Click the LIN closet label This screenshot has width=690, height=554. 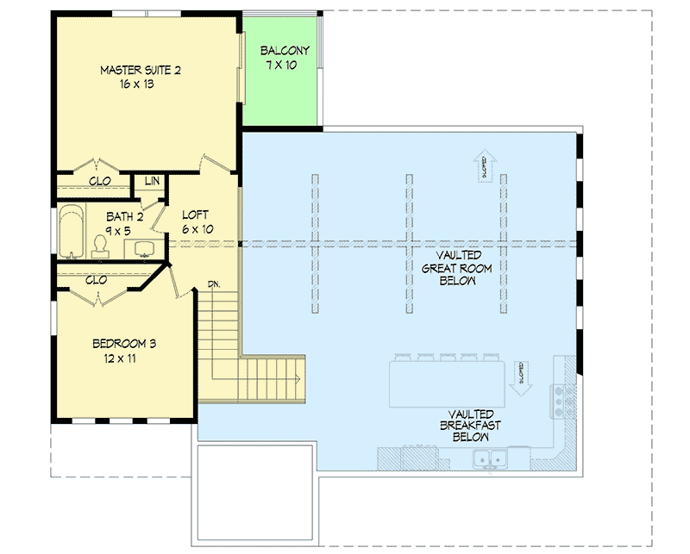point(152,181)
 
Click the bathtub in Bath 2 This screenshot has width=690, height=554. point(70,231)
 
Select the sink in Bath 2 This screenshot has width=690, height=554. point(143,249)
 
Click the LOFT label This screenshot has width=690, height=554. point(196,215)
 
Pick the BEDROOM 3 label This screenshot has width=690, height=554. point(124,344)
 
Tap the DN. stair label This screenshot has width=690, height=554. point(215,283)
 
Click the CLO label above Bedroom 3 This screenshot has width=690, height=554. point(97,279)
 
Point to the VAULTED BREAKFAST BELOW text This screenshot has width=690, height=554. point(469,425)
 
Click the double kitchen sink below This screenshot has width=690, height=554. point(488,459)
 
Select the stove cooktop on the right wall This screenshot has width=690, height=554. point(561,400)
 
